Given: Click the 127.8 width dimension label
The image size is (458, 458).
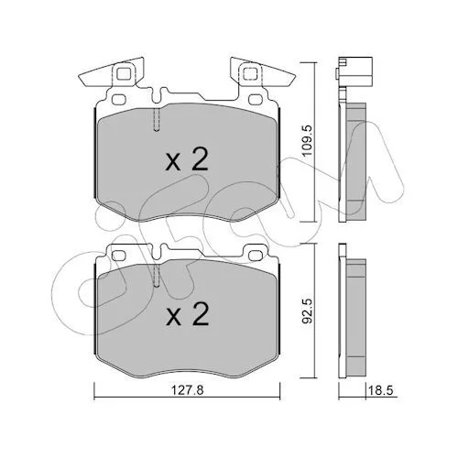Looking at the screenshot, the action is [x=187, y=390].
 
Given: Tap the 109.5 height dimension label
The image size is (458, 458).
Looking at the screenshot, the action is [x=307, y=140].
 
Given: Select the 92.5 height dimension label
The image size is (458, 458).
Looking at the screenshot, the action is [x=307, y=312].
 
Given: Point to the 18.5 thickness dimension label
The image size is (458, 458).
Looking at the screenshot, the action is [x=381, y=390].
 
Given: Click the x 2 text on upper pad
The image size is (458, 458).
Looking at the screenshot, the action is [x=187, y=159].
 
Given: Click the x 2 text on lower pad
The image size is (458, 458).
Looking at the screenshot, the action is [x=188, y=314].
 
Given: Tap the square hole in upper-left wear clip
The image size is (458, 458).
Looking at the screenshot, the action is [x=124, y=73].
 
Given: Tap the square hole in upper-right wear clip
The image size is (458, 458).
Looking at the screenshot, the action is [x=250, y=73].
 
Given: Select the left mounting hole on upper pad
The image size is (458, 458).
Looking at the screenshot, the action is [x=119, y=100].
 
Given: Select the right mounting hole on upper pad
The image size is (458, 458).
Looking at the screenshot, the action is [x=256, y=100].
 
